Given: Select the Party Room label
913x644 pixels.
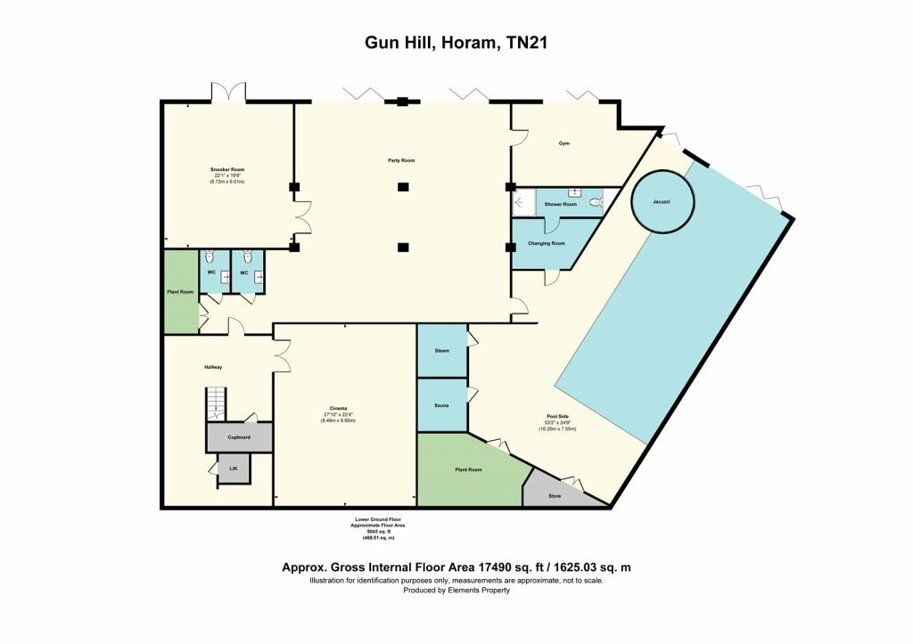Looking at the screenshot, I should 401,160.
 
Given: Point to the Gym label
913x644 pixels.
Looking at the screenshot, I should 563,143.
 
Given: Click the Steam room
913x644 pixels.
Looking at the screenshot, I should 442,351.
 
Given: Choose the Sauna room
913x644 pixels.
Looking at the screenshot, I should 442,405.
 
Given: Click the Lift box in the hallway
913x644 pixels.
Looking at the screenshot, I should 234,468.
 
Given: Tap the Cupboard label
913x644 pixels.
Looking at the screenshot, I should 238,437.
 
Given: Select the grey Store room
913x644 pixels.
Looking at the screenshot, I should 553,493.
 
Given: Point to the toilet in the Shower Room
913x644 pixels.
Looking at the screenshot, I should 596,203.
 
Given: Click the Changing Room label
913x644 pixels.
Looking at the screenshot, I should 547,243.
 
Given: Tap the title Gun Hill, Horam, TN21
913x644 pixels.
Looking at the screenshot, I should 456,41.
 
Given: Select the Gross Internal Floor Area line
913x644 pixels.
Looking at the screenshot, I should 456,567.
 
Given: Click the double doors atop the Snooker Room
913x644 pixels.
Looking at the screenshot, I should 228,92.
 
